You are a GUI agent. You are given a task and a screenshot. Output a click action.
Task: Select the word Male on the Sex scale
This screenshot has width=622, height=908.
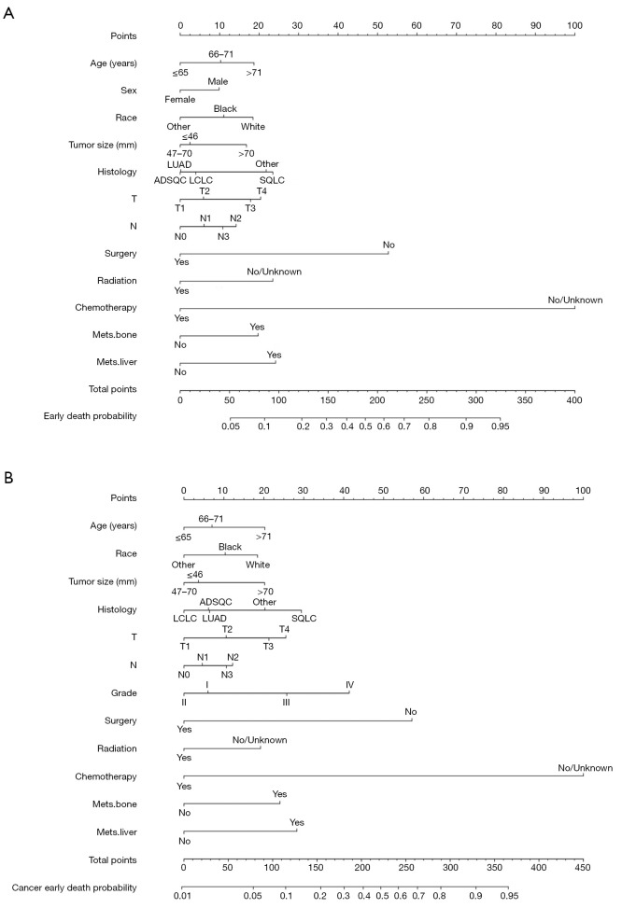[219, 81]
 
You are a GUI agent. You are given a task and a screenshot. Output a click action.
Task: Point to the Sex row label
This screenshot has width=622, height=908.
[126, 91]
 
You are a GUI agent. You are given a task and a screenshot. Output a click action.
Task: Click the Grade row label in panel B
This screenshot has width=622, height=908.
[123, 692]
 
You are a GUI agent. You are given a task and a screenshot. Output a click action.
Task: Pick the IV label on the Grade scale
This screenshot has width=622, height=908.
[349, 684]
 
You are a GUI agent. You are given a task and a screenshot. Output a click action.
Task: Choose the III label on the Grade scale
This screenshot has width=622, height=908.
[286, 702]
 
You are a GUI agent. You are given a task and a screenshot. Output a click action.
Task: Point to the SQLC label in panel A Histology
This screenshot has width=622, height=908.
[271, 153]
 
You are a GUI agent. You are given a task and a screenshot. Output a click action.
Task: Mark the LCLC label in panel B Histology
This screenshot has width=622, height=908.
[185, 619]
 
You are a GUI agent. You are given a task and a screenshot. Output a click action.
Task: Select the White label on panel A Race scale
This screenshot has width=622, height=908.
[252, 126]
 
